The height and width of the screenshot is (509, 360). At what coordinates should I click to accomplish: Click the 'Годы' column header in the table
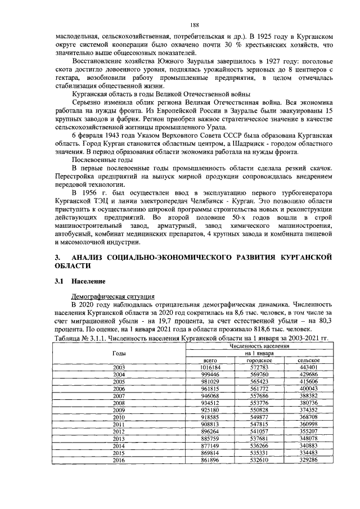[119, 352]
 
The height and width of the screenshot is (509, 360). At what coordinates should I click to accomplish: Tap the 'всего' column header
[209, 359]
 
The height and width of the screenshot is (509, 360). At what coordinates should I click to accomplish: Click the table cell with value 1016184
[209, 367]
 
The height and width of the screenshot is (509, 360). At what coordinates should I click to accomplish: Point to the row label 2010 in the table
[119, 418]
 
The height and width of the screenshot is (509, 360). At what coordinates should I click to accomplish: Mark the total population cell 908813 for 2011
[209, 425]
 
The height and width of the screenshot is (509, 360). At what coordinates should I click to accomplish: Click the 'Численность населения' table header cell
[259, 345]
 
